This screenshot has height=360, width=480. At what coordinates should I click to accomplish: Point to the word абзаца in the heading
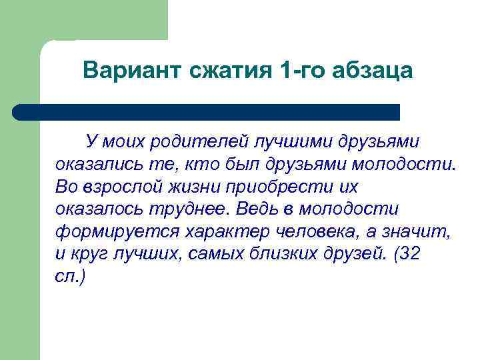coord(375,70)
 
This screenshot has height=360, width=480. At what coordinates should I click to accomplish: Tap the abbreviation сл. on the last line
coord(67,277)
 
